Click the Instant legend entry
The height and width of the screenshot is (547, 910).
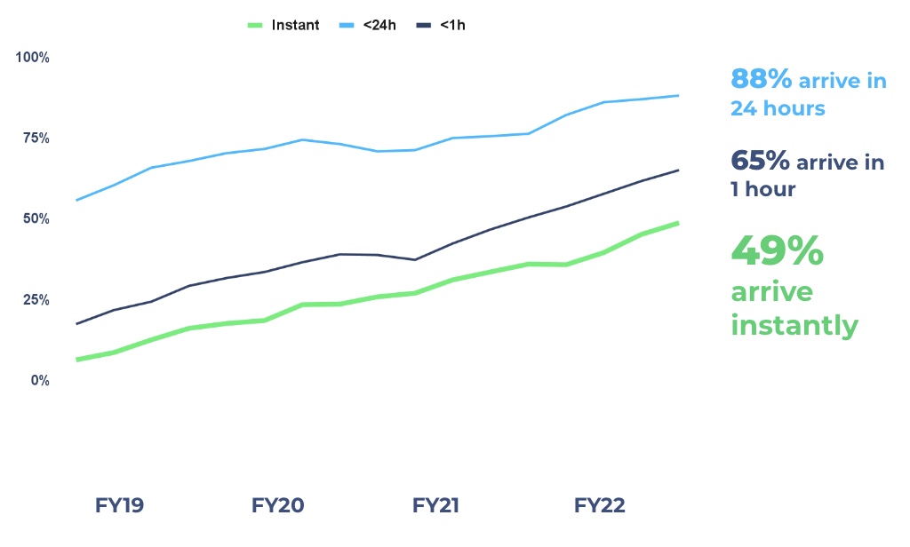pos(283,25)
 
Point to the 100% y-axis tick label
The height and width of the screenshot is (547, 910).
pos(33,58)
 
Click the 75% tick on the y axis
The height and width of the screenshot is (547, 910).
pos(36,138)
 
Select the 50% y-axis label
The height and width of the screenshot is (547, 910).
pos(36,218)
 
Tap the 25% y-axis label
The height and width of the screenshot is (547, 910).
pos(36,299)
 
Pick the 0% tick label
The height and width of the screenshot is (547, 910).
pos(39,380)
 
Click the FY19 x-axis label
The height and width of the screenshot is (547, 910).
pos(119,506)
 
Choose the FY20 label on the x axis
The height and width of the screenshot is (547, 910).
pos(277,506)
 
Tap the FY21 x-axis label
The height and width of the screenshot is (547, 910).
pos(435,506)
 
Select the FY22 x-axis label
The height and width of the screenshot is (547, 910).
pos(599,506)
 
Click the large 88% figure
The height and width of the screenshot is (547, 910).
pos(761,80)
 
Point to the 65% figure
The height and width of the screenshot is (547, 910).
pos(760,161)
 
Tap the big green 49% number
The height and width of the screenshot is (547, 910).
pos(777,252)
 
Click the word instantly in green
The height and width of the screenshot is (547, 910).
pos(794,325)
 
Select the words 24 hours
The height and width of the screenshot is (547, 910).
pos(778,108)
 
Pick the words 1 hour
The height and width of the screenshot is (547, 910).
pos(762,189)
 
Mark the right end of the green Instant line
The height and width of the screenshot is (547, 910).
pos(678,222)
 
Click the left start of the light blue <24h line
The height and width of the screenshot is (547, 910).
pos(77,200)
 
